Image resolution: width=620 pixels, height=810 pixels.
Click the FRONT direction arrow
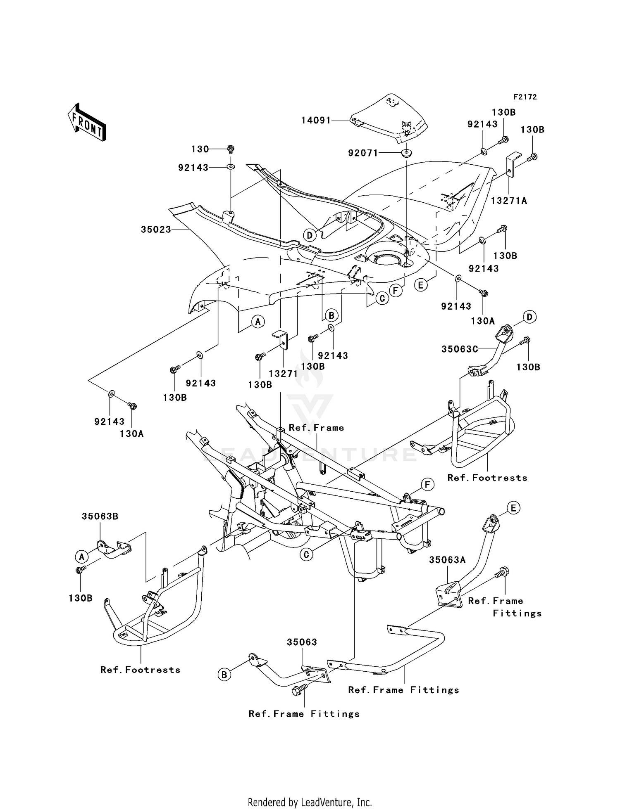pos(87,123)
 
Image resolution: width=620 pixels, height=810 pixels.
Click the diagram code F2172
pos(525,97)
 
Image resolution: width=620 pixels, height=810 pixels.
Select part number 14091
pos(316,120)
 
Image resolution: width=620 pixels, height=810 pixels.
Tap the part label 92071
pos(363,153)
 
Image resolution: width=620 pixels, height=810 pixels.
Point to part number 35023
pos(156,230)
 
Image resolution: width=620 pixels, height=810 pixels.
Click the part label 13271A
pos(509,201)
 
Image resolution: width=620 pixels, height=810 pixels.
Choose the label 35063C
pos(460,349)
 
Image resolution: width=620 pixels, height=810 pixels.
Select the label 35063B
pos(100,516)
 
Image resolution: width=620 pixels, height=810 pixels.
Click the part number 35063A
pos(447,560)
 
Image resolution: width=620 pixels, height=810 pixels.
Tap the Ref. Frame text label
pos(316,428)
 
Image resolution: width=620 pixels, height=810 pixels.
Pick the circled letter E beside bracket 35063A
pos(513,508)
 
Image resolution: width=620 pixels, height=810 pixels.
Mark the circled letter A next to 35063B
pos(81,557)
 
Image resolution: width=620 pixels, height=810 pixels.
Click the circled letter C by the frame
pos(306,554)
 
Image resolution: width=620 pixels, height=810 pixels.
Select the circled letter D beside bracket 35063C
pos(529,317)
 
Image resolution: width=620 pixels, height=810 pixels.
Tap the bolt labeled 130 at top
pos(231,148)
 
